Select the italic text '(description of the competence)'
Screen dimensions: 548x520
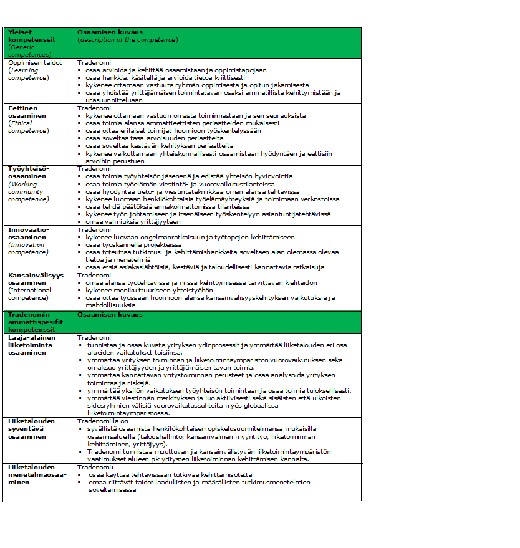127,39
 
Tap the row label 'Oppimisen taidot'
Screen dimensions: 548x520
35,63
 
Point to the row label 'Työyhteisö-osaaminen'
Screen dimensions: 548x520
29,172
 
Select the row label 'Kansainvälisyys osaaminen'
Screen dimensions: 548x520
36,279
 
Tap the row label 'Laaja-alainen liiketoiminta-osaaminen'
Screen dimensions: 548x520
32,345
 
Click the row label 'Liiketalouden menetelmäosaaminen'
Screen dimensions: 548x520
32,474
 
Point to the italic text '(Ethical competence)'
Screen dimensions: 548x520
28,127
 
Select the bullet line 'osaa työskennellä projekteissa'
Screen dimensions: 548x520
130,244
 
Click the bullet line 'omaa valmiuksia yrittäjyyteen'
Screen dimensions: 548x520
133,221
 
